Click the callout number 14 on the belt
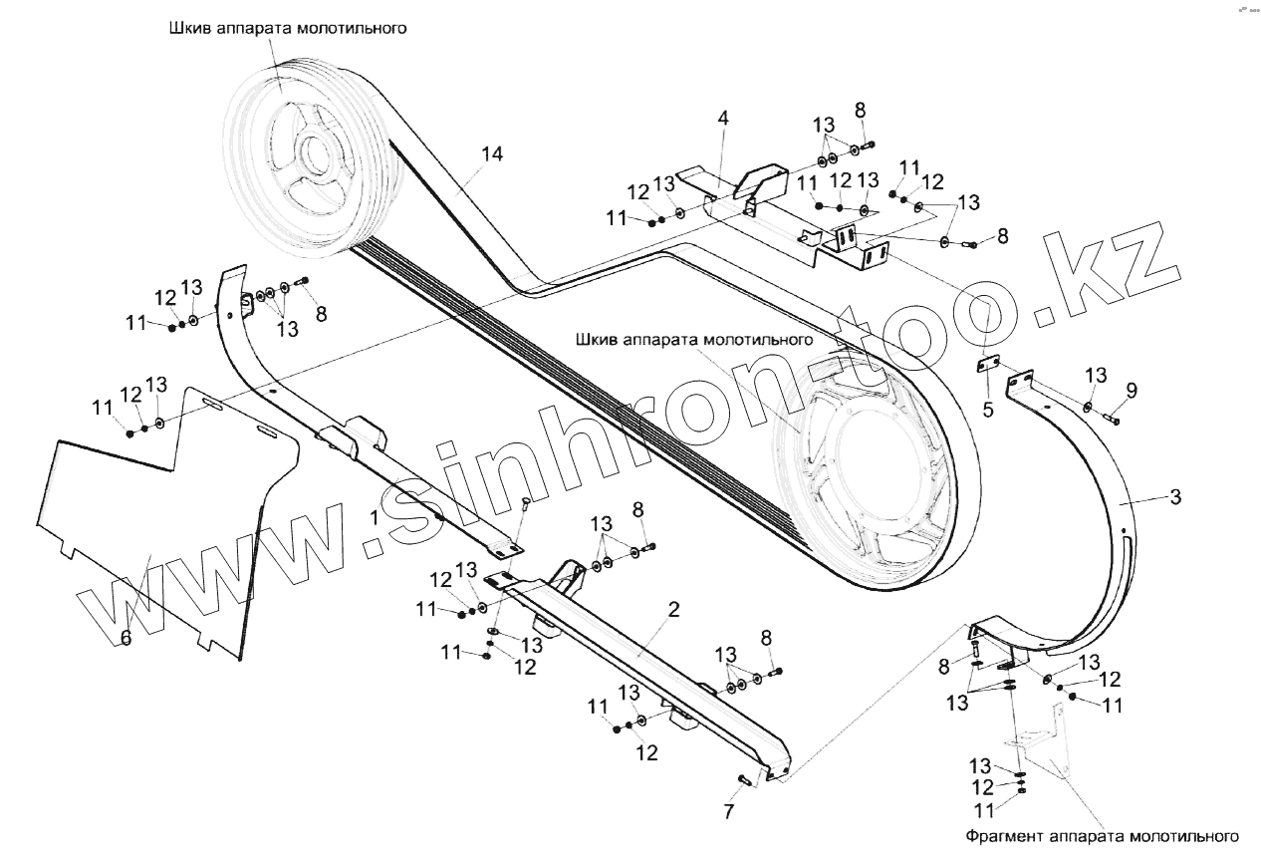[491, 153]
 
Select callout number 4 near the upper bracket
[723, 118]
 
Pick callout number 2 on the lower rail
[674, 610]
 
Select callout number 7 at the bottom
[728, 811]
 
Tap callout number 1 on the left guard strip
[375, 517]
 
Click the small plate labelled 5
[986, 366]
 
